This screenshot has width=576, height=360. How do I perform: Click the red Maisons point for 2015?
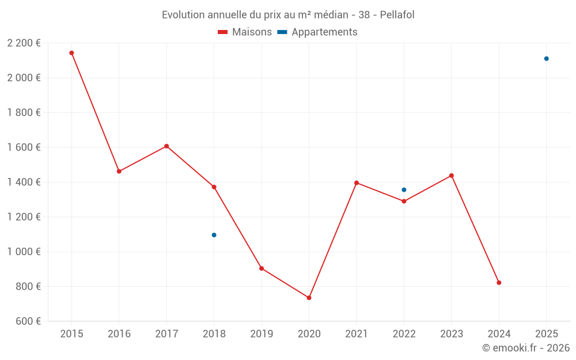coord(71,53)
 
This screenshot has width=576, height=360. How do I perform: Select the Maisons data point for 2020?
coord(309,298)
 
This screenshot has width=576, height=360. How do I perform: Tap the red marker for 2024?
coord(499,283)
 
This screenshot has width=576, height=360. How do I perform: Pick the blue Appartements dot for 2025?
coord(546,59)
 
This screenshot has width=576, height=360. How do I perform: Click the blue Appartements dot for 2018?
coord(214,235)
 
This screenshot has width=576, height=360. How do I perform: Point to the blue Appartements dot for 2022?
coord(404,190)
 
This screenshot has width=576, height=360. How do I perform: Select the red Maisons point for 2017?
coord(166,146)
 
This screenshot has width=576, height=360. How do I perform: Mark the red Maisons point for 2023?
coord(452,176)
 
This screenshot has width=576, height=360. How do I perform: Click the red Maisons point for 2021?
coord(357,183)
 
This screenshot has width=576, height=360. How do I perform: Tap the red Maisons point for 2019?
coord(262,268)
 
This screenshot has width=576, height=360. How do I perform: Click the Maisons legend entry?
coord(245,32)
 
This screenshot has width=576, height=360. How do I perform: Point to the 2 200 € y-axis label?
coord(24,43)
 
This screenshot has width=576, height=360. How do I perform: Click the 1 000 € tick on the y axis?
coord(24,252)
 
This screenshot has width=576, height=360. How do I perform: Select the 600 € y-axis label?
coord(28,321)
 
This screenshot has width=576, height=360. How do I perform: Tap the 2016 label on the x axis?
coord(119,334)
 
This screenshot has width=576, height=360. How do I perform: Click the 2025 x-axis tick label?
coord(546,334)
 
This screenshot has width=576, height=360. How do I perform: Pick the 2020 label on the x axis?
coord(309,334)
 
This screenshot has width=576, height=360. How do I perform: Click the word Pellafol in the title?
coord(397,15)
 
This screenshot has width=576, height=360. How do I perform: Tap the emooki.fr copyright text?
coord(525,348)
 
